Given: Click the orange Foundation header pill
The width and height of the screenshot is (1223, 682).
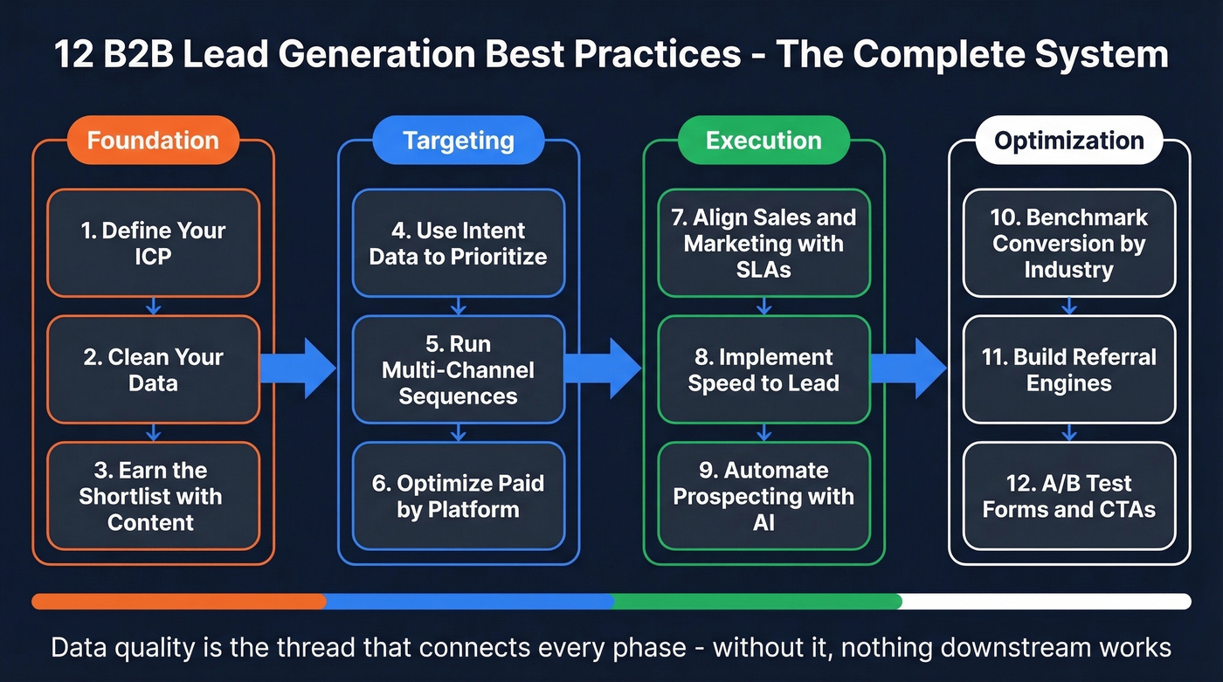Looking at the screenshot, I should tap(153, 141).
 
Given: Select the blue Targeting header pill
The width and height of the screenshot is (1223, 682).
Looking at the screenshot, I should tap(458, 141).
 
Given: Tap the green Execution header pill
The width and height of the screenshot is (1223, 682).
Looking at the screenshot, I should tap(764, 141).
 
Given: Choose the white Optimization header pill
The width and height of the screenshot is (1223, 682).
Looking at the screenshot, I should tap(1069, 141).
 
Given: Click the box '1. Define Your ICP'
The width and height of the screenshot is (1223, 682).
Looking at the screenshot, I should tap(153, 244).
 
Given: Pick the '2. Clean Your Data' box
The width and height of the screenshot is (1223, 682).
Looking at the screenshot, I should tap(153, 369).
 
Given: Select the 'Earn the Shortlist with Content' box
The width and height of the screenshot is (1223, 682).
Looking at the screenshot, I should tap(153, 496).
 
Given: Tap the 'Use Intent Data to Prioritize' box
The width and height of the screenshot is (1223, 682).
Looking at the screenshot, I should tap(458, 244).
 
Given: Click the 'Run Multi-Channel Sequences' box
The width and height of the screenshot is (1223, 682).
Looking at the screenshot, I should tap(458, 369).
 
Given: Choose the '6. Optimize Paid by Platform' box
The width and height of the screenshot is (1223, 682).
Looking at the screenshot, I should tap(458, 496).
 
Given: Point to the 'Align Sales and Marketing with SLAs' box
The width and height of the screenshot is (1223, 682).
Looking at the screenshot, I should tap(764, 244).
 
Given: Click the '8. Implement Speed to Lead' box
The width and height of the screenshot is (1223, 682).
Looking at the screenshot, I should tap(764, 369).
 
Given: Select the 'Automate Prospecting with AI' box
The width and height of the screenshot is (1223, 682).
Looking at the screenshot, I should tap(764, 496).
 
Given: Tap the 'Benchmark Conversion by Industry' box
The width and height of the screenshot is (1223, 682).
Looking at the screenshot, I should tap(1069, 244).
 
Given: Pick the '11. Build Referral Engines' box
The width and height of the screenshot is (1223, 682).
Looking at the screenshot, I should tap(1069, 369).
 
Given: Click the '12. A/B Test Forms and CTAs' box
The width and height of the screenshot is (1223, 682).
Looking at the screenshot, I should tap(1069, 496).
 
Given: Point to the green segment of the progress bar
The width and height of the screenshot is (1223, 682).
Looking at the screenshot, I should tap(757, 601).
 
